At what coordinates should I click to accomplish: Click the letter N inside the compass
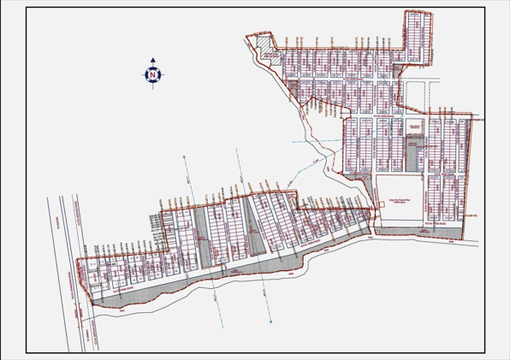[x=153, y=75]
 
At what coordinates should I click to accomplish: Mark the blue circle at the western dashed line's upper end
[x=182, y=157]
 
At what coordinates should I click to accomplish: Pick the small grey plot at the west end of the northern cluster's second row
[x=292, y=86]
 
